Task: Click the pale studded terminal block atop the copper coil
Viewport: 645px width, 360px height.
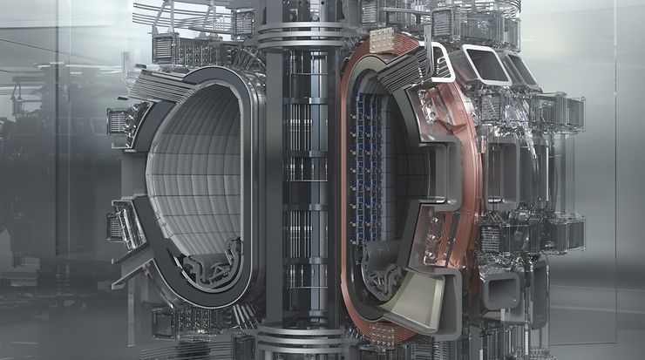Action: (381, 38)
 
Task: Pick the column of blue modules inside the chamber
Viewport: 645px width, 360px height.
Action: (360, 174)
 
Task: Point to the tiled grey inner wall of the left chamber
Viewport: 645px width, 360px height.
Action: (187, 174)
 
